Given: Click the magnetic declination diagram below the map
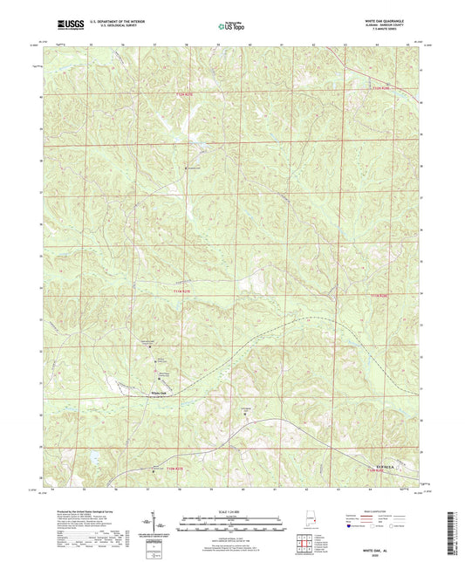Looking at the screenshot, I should point(161,524).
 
